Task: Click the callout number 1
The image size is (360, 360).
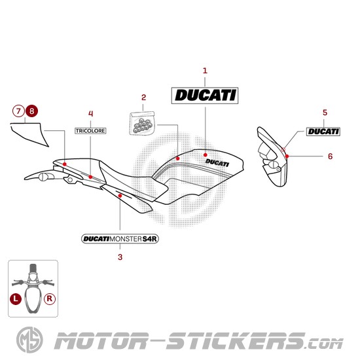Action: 205,70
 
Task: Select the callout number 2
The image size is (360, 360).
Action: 143,99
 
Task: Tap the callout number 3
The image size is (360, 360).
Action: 120,257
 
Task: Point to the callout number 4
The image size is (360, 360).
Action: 90,113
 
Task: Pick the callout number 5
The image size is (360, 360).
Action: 325,113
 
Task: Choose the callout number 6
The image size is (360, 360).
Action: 330,156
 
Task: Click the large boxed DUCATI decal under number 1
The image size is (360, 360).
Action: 205,96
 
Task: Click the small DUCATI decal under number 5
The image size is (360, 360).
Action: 324,132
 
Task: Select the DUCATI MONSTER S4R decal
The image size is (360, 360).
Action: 120,239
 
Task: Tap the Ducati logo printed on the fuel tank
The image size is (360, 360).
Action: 217,160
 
